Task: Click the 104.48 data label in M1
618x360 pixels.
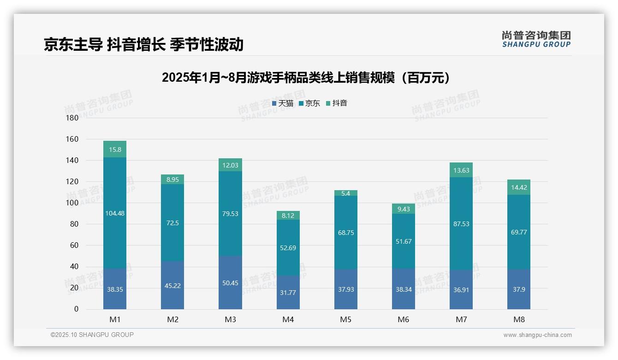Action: [115, 213]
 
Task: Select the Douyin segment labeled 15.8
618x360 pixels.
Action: [115, 150]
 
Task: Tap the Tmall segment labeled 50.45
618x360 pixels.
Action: [230, 282]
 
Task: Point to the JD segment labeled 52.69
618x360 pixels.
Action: [288, 248]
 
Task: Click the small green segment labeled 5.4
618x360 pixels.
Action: [345, 193]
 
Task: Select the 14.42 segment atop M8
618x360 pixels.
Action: [518, 187]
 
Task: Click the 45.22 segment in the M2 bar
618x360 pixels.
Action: [172, 285]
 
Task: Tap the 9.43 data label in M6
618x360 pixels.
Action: [403, 209]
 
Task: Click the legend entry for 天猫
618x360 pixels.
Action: [283, 103]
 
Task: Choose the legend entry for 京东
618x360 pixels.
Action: [309, 103]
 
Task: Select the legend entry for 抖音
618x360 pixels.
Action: [337, 103]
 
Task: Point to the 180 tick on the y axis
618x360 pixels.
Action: [73, 118]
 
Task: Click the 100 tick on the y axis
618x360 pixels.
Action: [73, 203]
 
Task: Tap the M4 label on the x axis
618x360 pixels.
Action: [288, 319]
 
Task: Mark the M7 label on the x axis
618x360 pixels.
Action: [461, 319]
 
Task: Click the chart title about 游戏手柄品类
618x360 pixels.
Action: [306, 78]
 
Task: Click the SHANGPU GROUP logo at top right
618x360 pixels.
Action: [536, 39]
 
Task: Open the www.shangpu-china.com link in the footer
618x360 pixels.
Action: [537, 335]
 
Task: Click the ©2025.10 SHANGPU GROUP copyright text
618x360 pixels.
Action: [92, 335]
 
